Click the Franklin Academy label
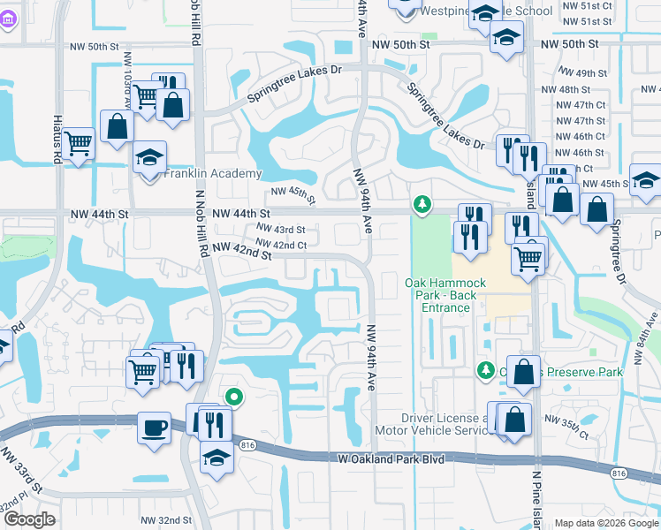tap(213, 174)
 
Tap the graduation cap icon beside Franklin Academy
tap(150, 157)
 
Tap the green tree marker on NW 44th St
tap(422, 206)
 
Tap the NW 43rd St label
tap(281, 230)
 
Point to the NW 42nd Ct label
tap(281, 245)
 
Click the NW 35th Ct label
tap(567, 427)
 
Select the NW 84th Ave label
tap(647, 335)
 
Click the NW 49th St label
tap(583, 73)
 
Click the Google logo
tap(29, 519)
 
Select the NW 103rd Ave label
tap(129, 87)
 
